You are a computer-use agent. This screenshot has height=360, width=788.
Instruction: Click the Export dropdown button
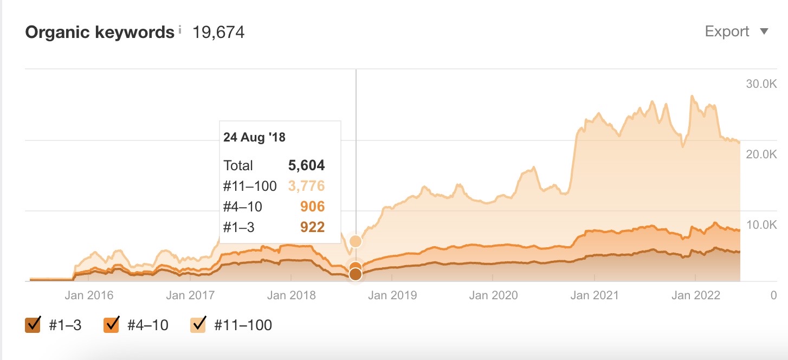(x=737, y=31)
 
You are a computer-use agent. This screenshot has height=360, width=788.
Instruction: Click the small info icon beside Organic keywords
(x=180, y=29)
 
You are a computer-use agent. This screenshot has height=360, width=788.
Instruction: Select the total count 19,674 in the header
(x=218, y=33)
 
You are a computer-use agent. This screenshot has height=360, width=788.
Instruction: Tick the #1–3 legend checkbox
(x=33, y=324)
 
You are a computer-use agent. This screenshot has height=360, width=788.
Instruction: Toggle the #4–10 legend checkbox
(x=111, y=324)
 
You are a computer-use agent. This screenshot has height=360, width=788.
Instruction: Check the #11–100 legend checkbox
(x=198, y=324)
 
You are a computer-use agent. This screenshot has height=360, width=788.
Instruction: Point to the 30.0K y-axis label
(x=761, y=83)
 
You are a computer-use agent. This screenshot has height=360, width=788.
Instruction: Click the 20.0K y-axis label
(x=761, y=154)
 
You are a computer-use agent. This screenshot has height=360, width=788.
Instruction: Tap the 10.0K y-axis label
(x=761, y=224)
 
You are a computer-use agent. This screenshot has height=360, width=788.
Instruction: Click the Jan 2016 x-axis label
(x=89, y=295)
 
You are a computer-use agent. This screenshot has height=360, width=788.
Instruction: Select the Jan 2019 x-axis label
(x=392, y=295)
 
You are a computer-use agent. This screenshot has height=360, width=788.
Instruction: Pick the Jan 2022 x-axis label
(x=696, y=295)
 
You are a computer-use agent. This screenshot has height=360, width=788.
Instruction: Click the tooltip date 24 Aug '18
(x=254, y=137)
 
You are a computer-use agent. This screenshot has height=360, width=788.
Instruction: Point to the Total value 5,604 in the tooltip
(x=306, y=165)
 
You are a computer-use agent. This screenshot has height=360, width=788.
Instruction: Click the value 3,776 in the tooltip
(x=306, y=186)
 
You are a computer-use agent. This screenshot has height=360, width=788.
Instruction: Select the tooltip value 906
(x=312, y=207)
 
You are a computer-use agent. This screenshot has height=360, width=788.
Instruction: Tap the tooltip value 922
(x=312, y=227)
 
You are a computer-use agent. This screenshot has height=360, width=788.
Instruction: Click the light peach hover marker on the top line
(x=356, y=241)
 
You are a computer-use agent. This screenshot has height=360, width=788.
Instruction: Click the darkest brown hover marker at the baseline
(x=356, y=274)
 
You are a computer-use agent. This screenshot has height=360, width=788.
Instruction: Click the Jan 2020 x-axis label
(x=494, y=295)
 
